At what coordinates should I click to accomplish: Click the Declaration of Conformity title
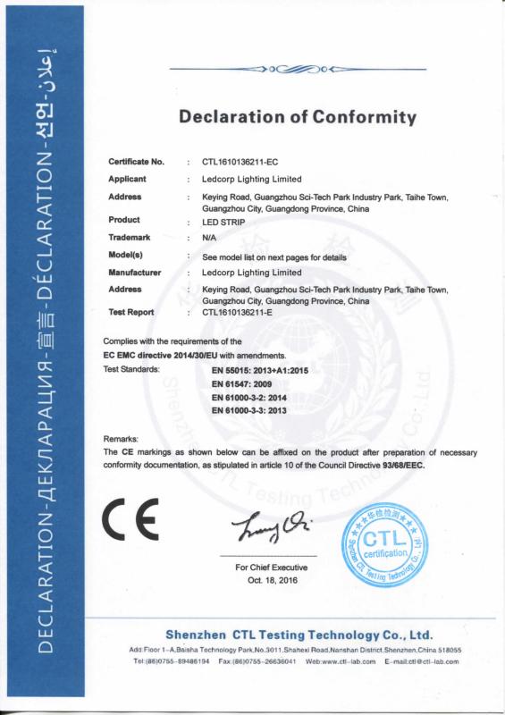(298, 117)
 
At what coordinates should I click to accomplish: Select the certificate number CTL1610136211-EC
(241, 162)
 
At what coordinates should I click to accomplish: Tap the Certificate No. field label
(136, 162)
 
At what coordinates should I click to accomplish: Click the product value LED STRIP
(222, 221)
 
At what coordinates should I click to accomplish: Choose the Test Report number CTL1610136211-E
(240, 313)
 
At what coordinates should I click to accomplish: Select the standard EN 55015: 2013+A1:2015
(258, 368)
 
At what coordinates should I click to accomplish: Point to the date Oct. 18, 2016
(271, 579)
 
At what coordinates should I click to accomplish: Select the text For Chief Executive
(271, 568)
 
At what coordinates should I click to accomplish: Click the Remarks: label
(121, 440)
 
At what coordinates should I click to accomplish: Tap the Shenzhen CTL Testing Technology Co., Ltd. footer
(299, 634)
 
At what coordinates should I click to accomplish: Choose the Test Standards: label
(132, 368)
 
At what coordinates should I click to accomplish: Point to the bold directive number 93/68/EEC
(429, 466)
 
